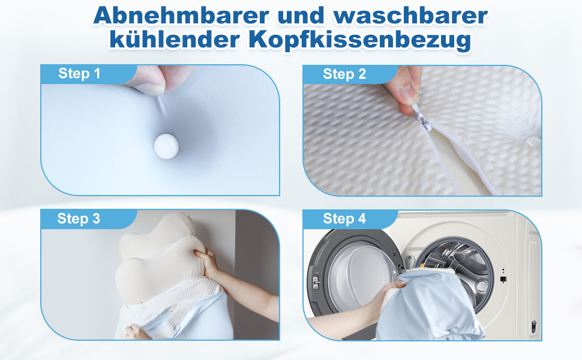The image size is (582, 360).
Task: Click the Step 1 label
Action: point(79,74)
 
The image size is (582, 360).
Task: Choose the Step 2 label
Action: point(344,74)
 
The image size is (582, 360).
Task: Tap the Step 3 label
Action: point(79,219)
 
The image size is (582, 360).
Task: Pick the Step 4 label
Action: point(344,219)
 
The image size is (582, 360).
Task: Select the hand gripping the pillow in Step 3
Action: point(208,263)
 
